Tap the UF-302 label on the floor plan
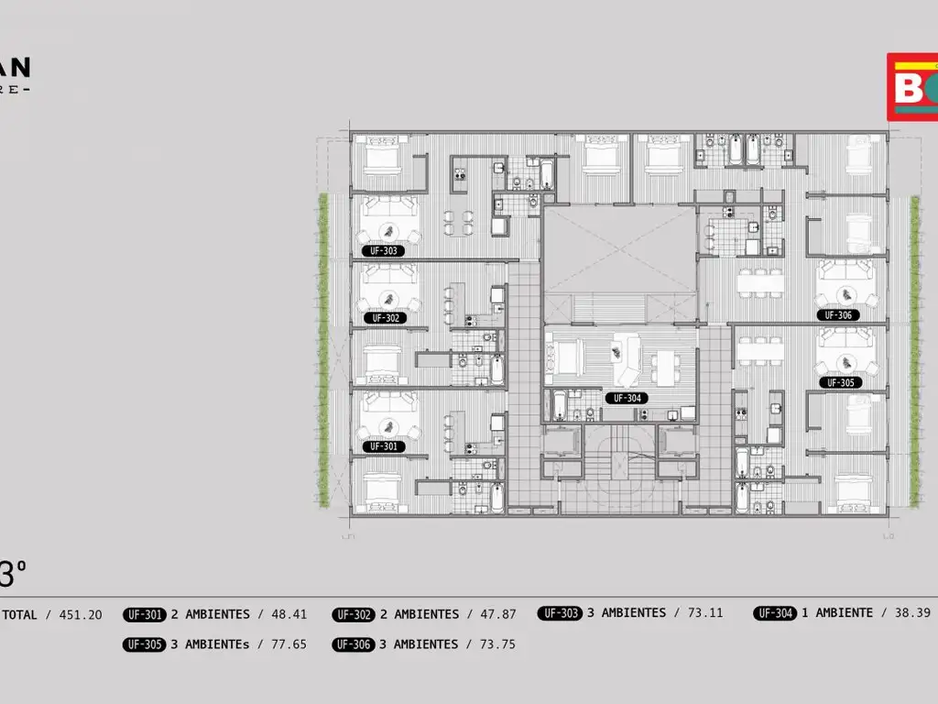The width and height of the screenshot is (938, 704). pos(387,318)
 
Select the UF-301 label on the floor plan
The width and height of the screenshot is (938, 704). pos(384,446)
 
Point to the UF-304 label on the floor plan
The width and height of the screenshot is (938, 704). pos(627,398)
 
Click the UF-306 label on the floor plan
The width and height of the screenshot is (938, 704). pos(838,314)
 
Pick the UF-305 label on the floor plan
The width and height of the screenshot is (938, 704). pos(840,382)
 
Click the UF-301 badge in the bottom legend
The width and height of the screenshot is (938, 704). pos(144,615)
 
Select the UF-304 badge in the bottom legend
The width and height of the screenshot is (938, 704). pos(775,613)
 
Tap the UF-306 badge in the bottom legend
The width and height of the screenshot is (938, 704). pos(353,644)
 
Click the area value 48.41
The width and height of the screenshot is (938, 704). pos(289,615)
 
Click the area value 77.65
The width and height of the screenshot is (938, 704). pos(289,644)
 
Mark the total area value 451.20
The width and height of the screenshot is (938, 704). pos(81,615)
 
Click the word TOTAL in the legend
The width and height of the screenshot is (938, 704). pos(19,615)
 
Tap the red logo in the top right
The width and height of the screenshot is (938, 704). pos(911,87)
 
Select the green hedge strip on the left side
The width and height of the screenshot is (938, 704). pos(322,348)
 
